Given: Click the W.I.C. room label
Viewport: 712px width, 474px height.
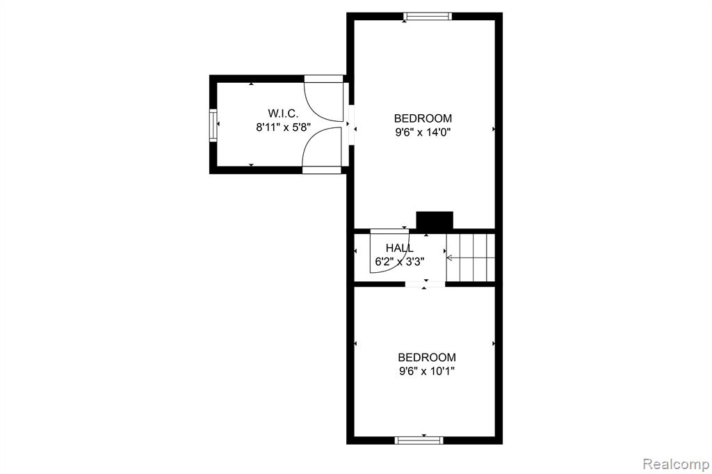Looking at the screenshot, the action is (283, 113).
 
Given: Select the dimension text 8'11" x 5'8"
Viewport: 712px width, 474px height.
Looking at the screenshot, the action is (284, 127).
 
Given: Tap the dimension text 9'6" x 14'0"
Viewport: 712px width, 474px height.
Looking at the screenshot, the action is (423, 133).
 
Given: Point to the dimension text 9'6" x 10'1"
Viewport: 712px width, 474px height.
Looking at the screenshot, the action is (427, 372).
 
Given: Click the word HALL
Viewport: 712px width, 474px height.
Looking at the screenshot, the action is (400, 248).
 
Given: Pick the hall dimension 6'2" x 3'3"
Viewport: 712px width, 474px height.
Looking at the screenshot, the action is (400, 262).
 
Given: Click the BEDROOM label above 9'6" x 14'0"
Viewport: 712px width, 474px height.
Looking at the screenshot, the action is (423, 118).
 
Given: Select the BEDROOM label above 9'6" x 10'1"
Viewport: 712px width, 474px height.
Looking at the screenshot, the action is (427, 358).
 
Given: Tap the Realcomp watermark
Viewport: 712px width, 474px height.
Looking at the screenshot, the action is (676, 464).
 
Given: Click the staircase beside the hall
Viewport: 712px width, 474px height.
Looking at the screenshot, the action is (471, 258).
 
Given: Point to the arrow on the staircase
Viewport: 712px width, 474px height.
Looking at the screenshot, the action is (471, 258).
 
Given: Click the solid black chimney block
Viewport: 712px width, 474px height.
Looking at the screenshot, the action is (435, 221).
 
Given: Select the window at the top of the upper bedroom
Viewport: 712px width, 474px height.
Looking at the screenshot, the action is (428, 17).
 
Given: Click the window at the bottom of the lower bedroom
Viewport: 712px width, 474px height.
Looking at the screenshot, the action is (419, 440).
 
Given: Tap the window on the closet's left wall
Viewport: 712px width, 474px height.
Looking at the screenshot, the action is (213, 125).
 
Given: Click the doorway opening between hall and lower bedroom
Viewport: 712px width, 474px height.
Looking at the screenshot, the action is (425, 285).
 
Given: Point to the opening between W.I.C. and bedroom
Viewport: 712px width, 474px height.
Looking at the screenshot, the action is (351, 125).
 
